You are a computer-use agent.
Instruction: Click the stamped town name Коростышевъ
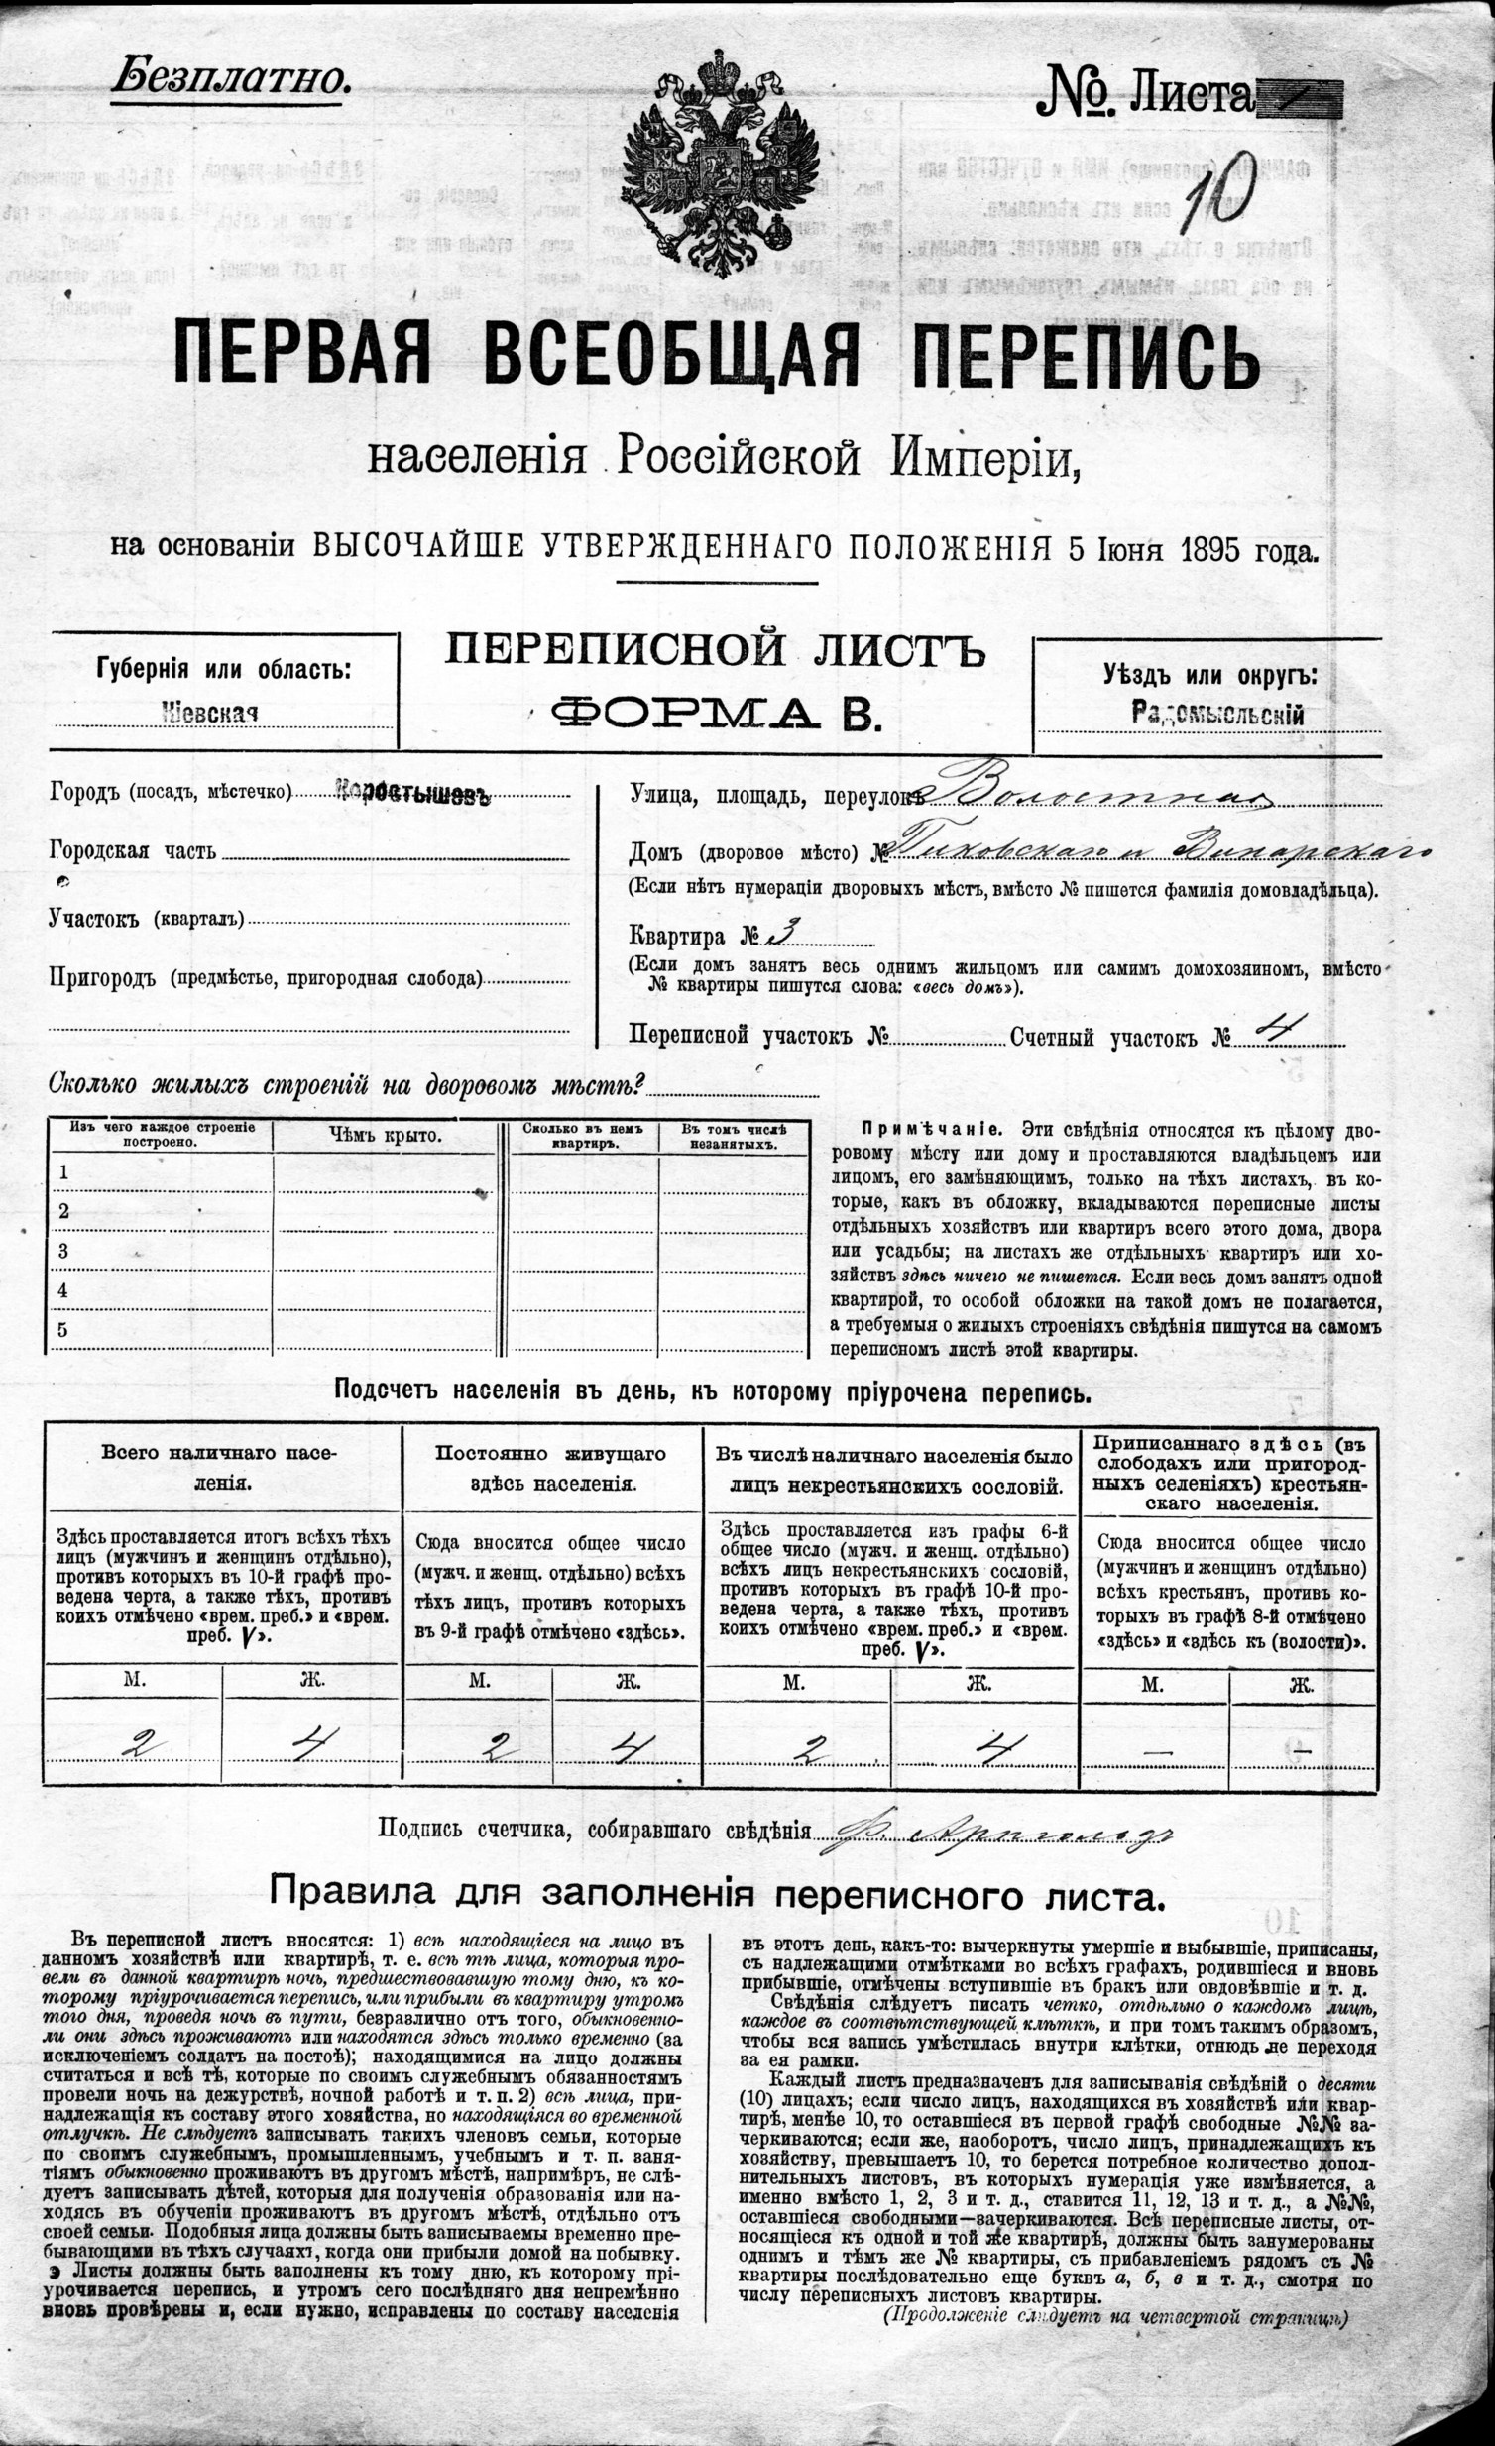tap(412, 794)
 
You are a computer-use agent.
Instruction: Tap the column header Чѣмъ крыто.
tap(386, 1136)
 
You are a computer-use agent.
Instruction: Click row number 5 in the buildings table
tap(63, 1330)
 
